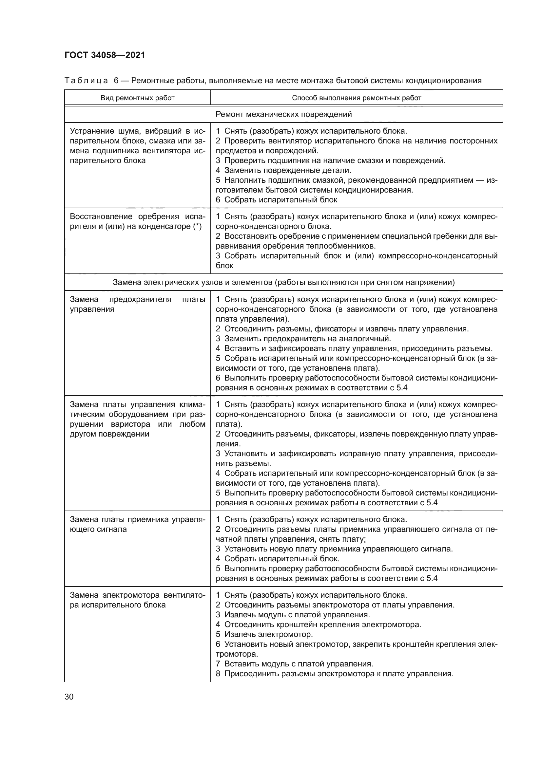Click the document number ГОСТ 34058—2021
pyautogui.click(x=105, y=55)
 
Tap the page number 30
pyautogui.click(x=69, y=697)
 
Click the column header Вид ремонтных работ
pyautogui.click(x=138, y=98)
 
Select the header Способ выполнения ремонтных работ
pyautogui.click(x=357, y=98)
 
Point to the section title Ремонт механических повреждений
pyautogui.click(x=284, y=114)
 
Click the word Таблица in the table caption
pyautogui.click(x=86, y=81)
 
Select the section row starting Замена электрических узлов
pyautogui.click(x=284, y=283)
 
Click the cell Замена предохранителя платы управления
pyautogui.click(x=138, y=304)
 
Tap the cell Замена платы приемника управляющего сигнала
pyautogui.click(x=138, y=524)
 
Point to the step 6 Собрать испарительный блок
pyautogui.click(x=277, y=200)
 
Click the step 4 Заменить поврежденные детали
pyautogui.click(x=284, y=171)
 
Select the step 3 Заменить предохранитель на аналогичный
pyautogui.click(x=303, y=339)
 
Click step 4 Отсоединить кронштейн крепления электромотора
pyautogui.click(x=319, y=625)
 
